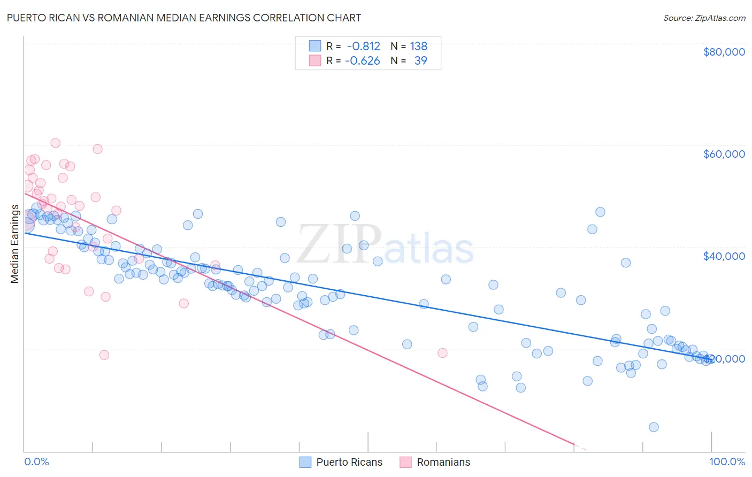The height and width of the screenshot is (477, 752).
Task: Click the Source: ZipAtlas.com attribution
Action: tap(704, 18)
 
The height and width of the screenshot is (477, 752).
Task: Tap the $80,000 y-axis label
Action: tap(724, 52)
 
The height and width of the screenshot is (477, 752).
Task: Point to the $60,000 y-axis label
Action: tap(724, 154)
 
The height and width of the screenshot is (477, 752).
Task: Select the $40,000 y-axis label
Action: tap(724, 256)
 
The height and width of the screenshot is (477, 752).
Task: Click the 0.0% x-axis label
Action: tap(36, 461)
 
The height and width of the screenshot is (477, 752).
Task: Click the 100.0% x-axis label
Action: tap(727, 461)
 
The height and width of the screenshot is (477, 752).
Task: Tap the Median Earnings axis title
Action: tap(14, 244)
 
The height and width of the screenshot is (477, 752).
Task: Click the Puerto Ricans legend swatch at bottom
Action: tap(305, 462)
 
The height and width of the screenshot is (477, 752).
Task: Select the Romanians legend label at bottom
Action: tap(443, 462)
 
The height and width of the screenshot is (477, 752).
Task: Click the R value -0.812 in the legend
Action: tap(363, 47)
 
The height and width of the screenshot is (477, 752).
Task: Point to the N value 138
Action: tap(418, 47)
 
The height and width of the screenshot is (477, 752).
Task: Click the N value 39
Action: tap(420, 61)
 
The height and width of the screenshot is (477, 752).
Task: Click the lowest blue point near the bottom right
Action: tap(654, 427)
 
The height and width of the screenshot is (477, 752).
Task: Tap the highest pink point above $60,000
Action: tap(55, 143)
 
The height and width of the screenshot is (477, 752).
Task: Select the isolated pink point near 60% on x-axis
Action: tap(442, 352)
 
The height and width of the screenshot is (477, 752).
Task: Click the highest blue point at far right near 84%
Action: tap(600, 212)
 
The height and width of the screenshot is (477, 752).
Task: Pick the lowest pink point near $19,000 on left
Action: tap(104, 355)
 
